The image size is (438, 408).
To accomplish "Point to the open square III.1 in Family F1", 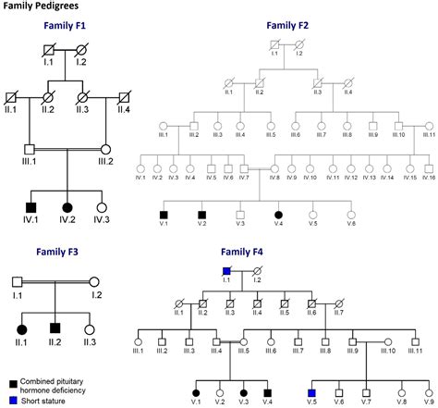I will [30, 149].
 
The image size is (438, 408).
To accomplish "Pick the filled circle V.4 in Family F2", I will [278, 214].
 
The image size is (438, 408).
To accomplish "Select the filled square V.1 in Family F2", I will [164, 214].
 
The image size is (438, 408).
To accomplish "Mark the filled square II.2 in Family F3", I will [55, 328].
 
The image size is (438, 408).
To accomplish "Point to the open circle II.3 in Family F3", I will [88, 328].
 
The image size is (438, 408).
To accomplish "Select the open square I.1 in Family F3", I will [17, 281].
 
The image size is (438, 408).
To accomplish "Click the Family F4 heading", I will [243, 251].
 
